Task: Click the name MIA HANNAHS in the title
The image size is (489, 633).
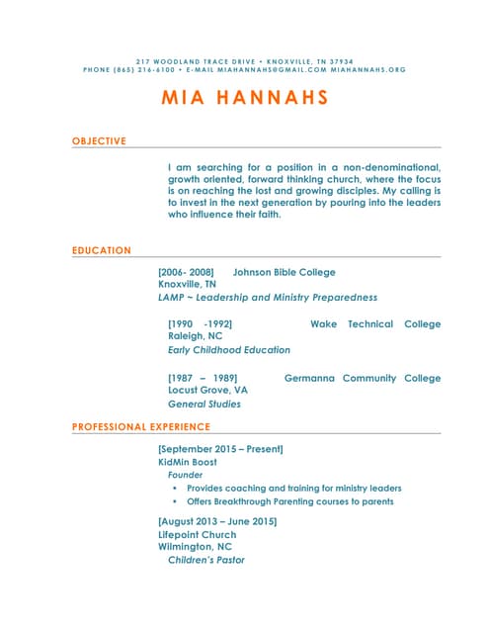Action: pos(244,99)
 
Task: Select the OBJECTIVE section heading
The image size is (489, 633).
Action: pos(99,141)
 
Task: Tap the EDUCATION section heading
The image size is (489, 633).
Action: pos(102,250)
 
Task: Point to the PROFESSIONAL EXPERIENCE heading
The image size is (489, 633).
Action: pos(141,427)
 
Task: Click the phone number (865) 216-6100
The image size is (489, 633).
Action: pos(144,70)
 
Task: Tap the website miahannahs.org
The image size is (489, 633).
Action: pos(368,70)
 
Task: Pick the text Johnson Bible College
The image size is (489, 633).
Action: pos(284,272)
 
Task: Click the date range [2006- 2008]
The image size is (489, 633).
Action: pos(186,272)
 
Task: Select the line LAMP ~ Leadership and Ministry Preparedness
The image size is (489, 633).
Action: pos(267,297)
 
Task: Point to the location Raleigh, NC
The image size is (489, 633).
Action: pos(195,336)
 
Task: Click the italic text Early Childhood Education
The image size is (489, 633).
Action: pos(228,350)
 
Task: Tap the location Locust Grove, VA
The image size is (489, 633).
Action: pos(207,391)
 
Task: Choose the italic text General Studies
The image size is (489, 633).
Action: pos(204,404)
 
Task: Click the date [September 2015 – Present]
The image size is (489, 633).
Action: pos(220,449)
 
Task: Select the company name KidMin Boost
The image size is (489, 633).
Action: pos(188,462)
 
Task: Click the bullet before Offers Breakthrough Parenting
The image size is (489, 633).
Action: pos(174,501)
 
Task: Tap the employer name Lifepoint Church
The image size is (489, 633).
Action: pos(197,534)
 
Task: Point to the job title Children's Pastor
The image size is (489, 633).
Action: pos(205,560)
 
